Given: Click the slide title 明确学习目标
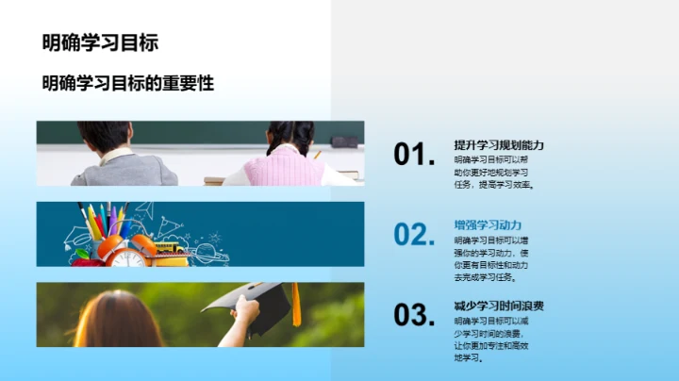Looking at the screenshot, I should coord(100,42).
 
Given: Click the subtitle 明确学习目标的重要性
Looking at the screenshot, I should coord(128,84).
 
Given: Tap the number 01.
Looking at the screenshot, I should coord(414,155).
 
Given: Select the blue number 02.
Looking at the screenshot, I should coord(414,234).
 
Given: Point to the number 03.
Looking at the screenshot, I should coord(414,315).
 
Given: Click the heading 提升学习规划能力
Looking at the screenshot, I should coord(499,145).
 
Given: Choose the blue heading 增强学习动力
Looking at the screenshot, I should coord(488,225).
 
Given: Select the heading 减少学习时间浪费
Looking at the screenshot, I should coord(499,306).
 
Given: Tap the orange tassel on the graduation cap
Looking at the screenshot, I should coord(295,307).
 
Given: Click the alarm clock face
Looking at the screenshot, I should coord(128,256).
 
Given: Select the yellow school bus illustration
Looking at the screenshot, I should coord(170,248).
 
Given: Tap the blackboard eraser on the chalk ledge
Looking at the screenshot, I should coord(344,141).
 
